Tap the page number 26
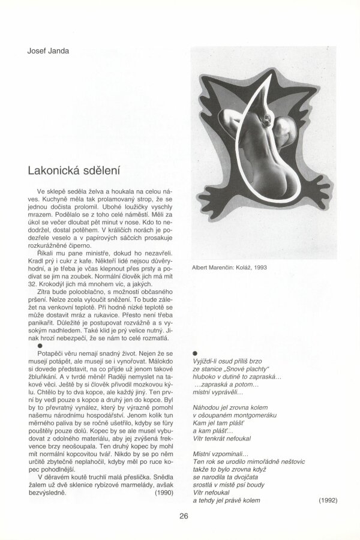pyautogui.click(x=185, y=514)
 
